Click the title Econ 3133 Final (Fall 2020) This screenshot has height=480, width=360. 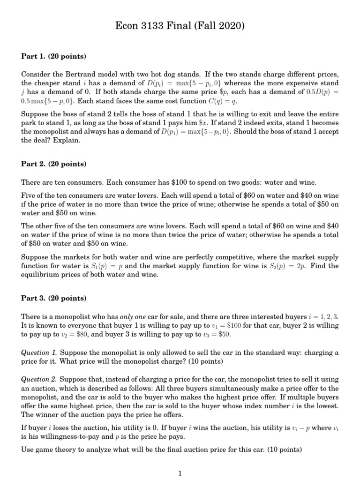(180, 26)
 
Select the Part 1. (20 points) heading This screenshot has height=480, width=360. (53, 56)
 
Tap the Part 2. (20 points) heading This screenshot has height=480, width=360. (53, 164)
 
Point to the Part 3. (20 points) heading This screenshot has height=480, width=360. (53, 298)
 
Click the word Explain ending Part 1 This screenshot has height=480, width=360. (68, 140)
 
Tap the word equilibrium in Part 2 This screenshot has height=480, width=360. (40, 275)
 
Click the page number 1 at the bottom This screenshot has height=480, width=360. (180, 473)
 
